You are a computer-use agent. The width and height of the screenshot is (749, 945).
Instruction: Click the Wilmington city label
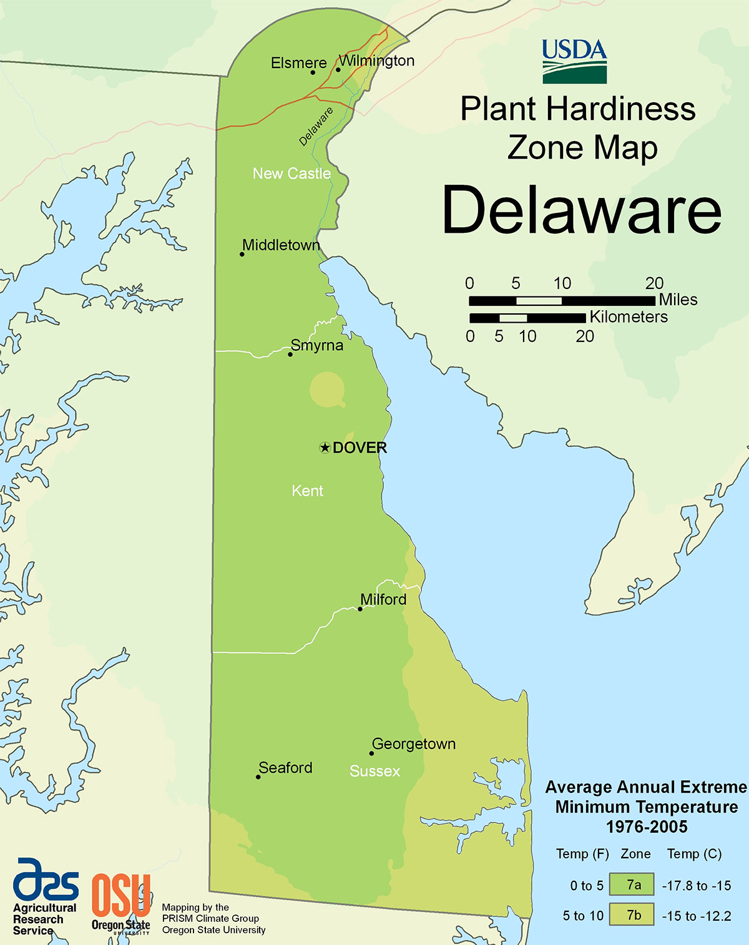[376, 61]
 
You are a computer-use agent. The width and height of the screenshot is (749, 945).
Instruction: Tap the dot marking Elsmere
[313, 72]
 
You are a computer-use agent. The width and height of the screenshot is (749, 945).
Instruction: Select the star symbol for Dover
[325, 448]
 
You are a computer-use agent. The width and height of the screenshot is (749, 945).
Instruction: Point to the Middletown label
[281, 245]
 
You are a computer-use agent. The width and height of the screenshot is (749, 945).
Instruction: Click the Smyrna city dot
[290, 355]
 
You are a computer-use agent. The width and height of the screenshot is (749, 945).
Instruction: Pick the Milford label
[383, 599]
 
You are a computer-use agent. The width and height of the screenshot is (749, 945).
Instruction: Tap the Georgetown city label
[414, 744]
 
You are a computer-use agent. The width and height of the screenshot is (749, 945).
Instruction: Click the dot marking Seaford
[258, 777]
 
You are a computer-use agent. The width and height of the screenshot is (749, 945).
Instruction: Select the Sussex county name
[374, 771]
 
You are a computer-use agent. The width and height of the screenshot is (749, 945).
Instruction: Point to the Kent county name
[307, 491]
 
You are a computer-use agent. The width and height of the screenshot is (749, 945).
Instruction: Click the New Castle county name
[291, 174]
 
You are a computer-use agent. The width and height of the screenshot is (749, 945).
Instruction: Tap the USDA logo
[574, 61]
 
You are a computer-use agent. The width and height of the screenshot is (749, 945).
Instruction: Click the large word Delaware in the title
[582, 210]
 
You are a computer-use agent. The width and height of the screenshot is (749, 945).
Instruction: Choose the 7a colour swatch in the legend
[632, 884]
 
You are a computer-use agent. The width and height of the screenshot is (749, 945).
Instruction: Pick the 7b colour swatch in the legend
[632, 915]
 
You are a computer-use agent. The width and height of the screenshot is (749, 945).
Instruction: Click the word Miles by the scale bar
[678, 300]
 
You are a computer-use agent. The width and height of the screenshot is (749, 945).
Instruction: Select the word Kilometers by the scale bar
[629, 317]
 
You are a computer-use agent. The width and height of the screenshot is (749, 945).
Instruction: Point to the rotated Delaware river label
[316, 127]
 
